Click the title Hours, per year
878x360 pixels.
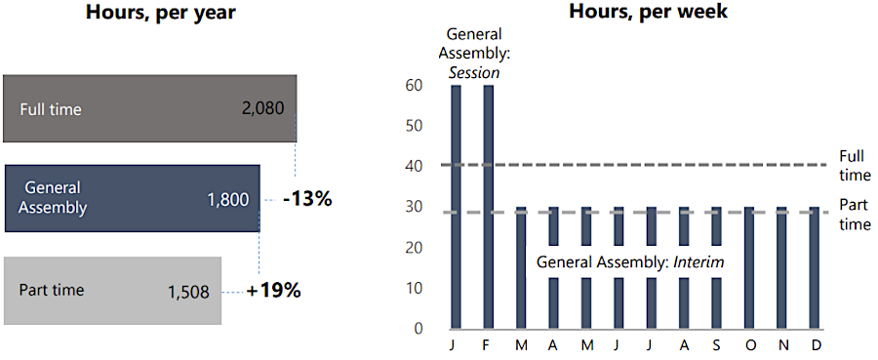[x=160, y=14]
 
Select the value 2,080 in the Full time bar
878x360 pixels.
[x=262, y=108]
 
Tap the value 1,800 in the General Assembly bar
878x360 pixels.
[x=228, y=199]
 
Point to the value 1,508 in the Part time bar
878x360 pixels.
[x=188, y=291]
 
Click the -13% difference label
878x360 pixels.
[x=307, y=199]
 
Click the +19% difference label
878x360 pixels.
[x=273, y=291]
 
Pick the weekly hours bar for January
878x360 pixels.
[x=456, y=206]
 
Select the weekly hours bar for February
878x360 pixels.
[x=489, y=206]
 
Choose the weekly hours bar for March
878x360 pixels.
[x=521, y=267]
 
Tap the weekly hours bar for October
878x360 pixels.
[x=749, y=267]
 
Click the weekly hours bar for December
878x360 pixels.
[x=815, y=267]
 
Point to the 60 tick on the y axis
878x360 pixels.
[x=414, y=86]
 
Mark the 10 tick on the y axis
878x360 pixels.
[x=414, y=288]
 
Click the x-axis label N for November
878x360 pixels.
[x=782, y=347]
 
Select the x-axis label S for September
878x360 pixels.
[x=717, y=347]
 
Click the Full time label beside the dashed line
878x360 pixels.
[x=855, y=166]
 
